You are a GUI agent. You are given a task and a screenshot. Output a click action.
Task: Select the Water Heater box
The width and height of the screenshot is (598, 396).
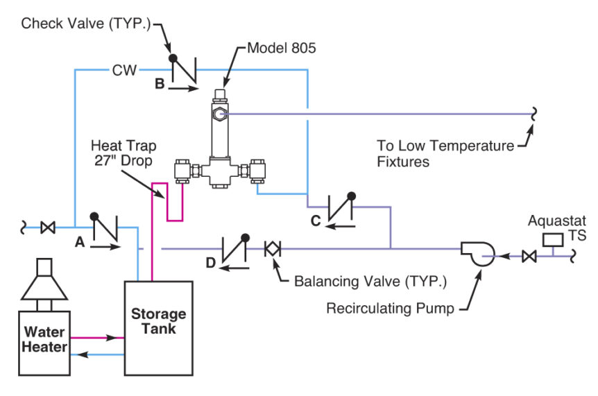(x=43, y=341)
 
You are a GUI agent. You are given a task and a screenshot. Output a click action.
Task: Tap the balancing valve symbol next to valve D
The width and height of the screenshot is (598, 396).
(x=272, y=248)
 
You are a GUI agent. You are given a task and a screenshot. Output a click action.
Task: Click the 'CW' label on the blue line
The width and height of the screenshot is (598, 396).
(x=125, y=69)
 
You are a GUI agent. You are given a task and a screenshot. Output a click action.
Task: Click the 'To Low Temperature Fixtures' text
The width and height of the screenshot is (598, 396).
(x=444, y=154)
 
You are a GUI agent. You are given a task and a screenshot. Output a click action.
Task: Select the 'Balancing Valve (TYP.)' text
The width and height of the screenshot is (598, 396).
(x=370, y=282)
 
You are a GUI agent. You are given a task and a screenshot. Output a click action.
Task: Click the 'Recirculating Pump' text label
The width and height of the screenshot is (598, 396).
(x=388, y=307)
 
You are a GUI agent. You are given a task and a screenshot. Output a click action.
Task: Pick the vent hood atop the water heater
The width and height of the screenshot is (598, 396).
(x=43, y=284)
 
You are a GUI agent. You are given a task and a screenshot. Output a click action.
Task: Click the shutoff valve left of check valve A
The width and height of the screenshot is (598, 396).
(x=48, y=226)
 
